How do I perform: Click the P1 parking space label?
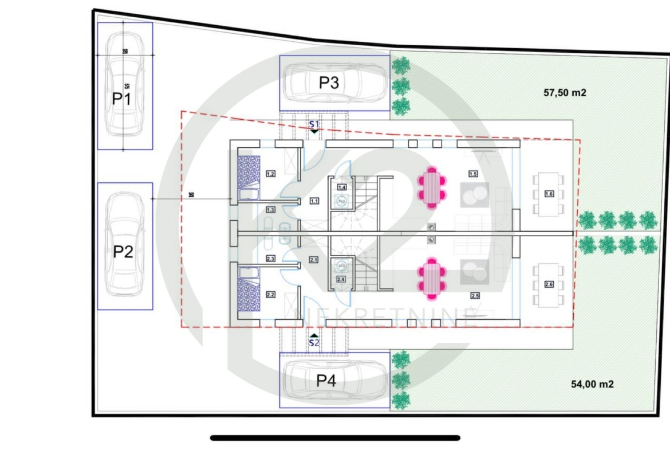point(121,99)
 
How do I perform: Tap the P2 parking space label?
point(123,251)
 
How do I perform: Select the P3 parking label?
point(329,83)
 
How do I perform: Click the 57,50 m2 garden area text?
point(565,92)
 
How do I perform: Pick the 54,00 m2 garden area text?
point(592,384)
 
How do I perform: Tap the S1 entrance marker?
point(314,124)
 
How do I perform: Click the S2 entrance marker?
point(314,343)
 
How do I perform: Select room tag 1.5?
point(473,174)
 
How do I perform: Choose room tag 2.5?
point(475,296)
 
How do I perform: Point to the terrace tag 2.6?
point(549,285)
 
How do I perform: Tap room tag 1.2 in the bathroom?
point(271,174)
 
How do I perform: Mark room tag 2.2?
point(271,295)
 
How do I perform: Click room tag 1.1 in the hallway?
point(314,201)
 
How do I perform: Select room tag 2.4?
point(341,279)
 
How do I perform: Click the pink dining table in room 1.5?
point(431,187)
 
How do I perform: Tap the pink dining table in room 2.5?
point(431,279)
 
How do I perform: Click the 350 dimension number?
point(191,195)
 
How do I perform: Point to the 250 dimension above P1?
point(124,52)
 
